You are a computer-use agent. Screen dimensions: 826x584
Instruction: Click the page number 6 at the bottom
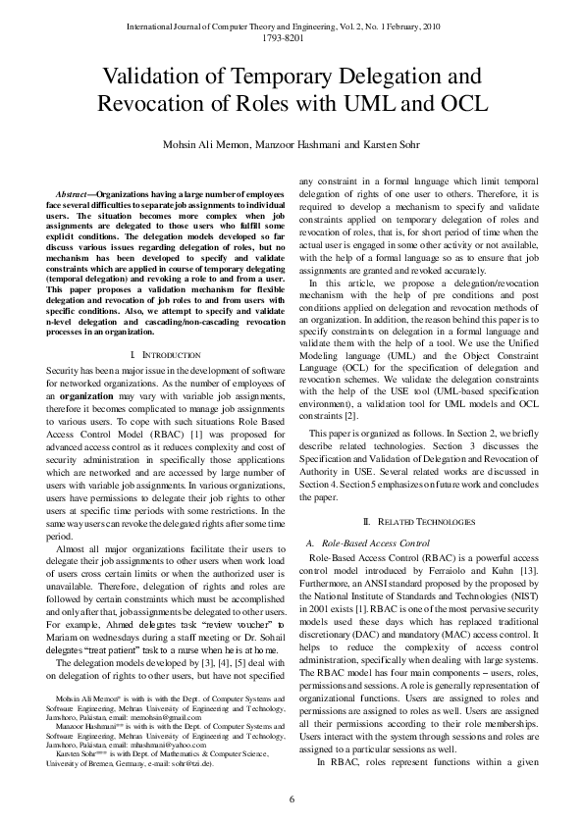[x=292, y=800]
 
